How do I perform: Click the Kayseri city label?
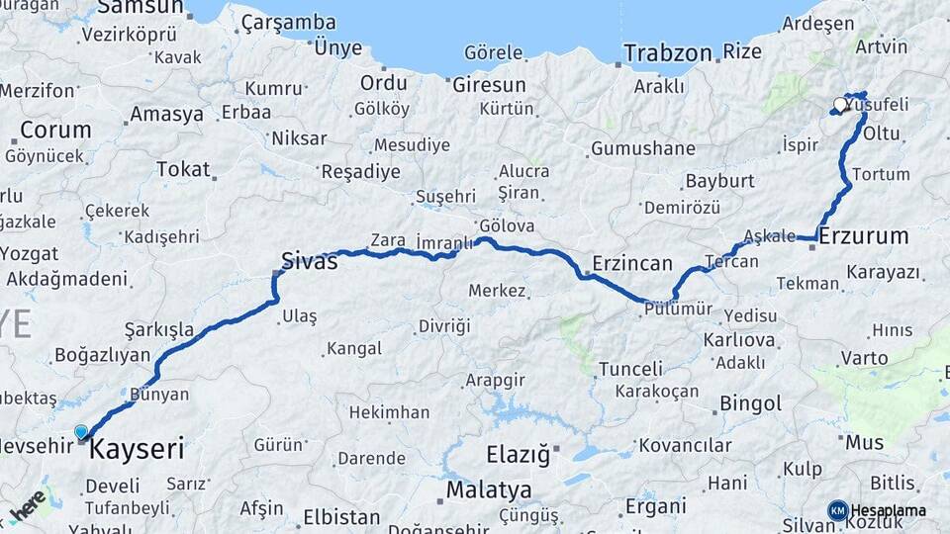tap(137, 450)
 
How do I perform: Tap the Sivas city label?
tap(309, 261)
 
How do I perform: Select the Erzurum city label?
tap(864, 235)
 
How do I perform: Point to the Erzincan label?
tap(632, 264)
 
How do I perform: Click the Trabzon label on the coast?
tap(668, 52)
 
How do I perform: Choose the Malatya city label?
tap(488, 489)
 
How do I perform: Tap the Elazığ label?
tap(518, 455)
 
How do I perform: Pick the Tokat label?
tap(183, 170)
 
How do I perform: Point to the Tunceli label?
tap(630, 369)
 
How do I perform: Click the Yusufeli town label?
tap(877, 104)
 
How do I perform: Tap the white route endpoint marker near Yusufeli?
tap(841, 104)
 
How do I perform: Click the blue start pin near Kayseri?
tap(81, 431)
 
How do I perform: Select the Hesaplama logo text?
tap(888, 510)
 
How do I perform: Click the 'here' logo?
tap(28, 506)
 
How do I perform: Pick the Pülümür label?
tap(678, 310)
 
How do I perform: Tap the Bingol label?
tap(750, 403)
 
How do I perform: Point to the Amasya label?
tap(166, 114)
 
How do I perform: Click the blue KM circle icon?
tap(837, 510)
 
